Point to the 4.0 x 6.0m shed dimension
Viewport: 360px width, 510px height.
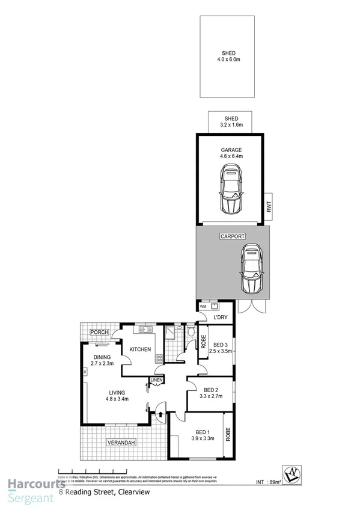pyautogui.click(x=227, y=59)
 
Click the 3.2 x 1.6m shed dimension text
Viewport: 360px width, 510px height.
pyautogui.click(x=231, y=125)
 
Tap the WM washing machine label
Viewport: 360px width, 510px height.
pyautogui.click(x=203, y=307)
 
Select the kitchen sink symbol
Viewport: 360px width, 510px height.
pyautogui.click(x=144, y=329)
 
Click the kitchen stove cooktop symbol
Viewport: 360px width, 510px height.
pyautogui.click(x=159, y=358)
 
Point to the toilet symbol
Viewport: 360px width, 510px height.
pyautogui.click(x=191, y=331)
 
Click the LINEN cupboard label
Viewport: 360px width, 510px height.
pyautogui.click(x=156, y=380)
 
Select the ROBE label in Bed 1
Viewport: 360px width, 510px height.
pyautogui.click(x=228, y=435)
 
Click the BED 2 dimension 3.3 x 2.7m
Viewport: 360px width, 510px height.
pyautogui.click(x=210, y=396)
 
